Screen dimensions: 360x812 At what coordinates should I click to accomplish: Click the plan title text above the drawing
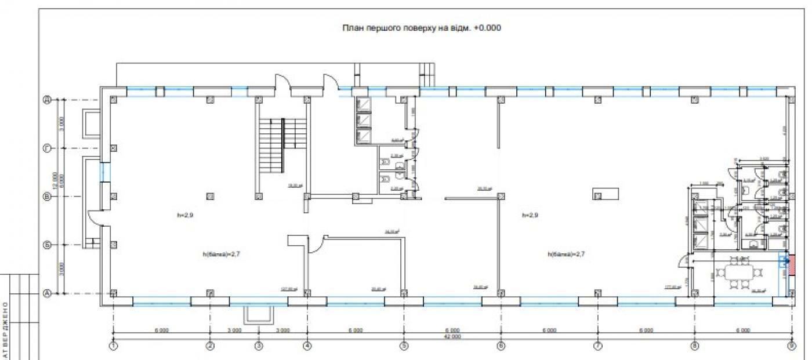422,27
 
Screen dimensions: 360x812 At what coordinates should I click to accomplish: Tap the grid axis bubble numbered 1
114,346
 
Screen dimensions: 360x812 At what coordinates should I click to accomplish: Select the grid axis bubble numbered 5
404,346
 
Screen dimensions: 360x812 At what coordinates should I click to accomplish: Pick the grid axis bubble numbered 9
791,346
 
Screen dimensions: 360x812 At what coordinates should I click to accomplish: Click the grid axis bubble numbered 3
259,346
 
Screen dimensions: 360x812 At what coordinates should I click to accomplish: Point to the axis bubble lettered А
48,293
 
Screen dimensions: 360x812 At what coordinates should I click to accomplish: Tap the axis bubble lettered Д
48,100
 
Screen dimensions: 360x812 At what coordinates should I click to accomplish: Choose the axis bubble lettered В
48,197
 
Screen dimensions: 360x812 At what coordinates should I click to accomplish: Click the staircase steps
282,145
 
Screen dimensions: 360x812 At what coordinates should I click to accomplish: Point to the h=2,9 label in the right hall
531,215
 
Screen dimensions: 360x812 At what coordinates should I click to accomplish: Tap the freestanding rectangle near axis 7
603,194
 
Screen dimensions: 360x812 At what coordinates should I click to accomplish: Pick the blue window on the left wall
105,172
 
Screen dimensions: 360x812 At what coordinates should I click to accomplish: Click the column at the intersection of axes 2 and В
211,197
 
